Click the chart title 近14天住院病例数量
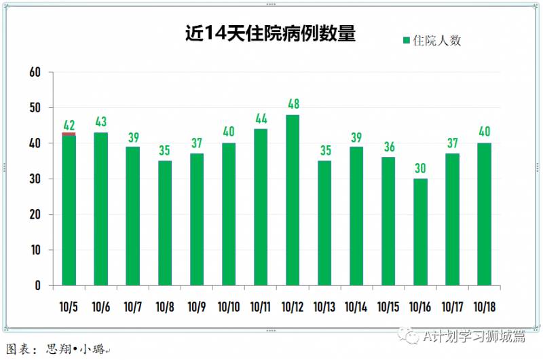click(x=271, y=34)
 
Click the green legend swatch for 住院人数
click(x=407, y=41)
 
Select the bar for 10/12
click(x=293, y=200)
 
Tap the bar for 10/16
click(x=420, y=232)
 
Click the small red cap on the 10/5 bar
click(x=69, y=134)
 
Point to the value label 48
click(x=293, y=105)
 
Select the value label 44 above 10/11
click(x=261, y=119)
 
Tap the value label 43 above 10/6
click(x=101, y=122)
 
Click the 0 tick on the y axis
click(x=39, y=285)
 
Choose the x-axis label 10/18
click(x=484, y=306)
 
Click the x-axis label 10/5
click(x=69, y=306)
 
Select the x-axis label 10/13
click(x=324, y=306)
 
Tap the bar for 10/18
click(x=484, y=214)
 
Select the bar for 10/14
click(x=356, y=216)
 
